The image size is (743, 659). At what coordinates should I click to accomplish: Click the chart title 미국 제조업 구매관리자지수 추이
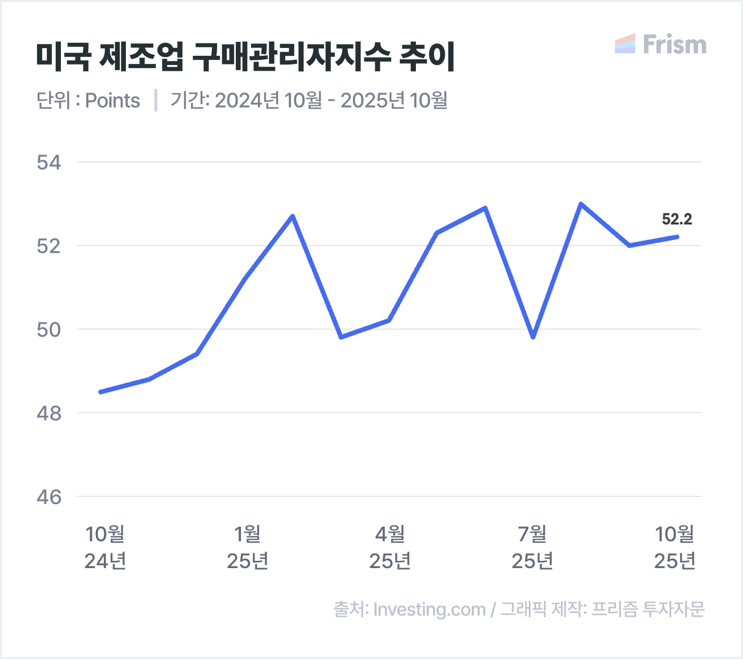coord(246,57)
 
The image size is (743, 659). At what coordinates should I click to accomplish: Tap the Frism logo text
coord(674,45)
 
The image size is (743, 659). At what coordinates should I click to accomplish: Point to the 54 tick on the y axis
coord(49,163)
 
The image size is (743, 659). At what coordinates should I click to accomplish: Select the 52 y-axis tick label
coord(49,246)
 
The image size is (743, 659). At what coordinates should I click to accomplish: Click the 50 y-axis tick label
coord(49,329)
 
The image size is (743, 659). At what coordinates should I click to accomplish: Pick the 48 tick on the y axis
coord(49,413)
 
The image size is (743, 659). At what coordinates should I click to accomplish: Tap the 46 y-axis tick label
coord(49,497)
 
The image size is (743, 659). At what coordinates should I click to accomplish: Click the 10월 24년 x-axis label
coord(105,547)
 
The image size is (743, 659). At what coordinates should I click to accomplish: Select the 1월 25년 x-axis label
coord(248,547)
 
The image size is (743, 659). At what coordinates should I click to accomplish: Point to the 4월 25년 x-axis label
coord(390,547)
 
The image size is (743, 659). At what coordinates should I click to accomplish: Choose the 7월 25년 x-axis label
coord(532,547)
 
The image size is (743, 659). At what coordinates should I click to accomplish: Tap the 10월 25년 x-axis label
coord(675,547)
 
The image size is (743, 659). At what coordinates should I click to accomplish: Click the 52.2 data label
coord(676,219)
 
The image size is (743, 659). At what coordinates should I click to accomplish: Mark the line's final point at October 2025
coord(677,237)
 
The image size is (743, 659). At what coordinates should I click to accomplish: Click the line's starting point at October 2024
coord(100,392)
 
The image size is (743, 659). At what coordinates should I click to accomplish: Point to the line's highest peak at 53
coord(581,204)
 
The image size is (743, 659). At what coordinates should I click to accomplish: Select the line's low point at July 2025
coord(533,337)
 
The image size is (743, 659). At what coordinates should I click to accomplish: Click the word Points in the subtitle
coord(112,101)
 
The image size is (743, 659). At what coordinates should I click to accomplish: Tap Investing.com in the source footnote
coord(429,609)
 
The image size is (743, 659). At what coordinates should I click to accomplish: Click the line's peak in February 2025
coord(293,216)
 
